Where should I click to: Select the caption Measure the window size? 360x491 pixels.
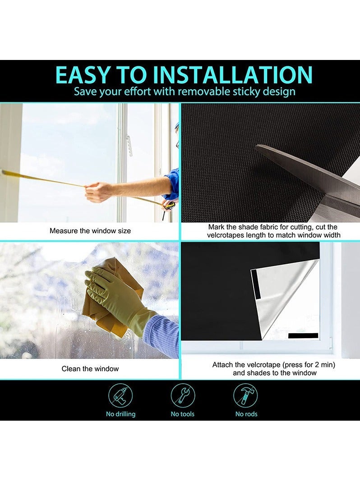(90, 231)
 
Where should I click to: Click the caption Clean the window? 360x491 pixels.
(90, 369)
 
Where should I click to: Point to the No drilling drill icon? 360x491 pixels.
(120, 396)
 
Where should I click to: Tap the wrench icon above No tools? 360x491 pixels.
(183, 396)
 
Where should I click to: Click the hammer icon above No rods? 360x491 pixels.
(246, 396)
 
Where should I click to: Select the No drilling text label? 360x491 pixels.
(120, 414)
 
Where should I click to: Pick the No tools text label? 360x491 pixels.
(183, 414)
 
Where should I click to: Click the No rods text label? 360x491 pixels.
(246, 414)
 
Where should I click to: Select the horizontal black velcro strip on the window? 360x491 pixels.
(303, 335)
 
